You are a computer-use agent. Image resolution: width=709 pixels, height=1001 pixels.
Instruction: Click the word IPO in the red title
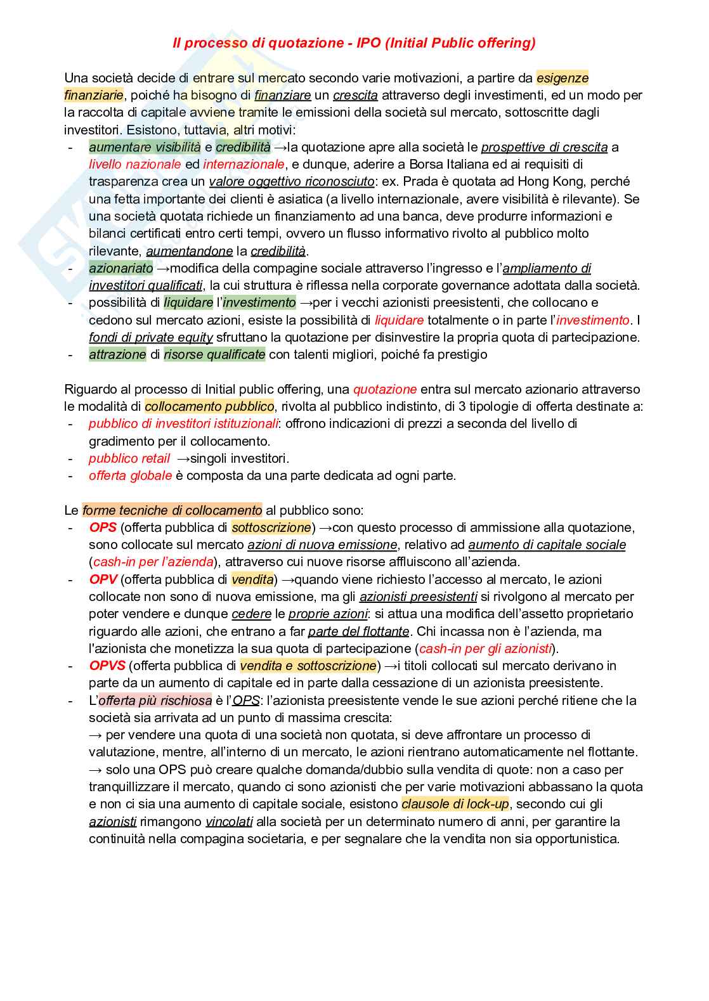(x=368, y=43)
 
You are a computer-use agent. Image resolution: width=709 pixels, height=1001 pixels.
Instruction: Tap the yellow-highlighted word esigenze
(x=563, y=78)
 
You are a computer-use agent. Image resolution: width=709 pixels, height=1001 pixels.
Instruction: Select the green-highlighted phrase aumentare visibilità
(x=145, y=147)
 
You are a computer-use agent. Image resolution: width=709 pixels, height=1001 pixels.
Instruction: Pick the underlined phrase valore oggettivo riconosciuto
(x=292, y=181)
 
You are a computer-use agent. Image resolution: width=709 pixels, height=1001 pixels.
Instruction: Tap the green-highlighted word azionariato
(x=121, y=268)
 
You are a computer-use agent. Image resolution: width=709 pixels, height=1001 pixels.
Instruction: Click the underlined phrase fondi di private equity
(x=151, y=337)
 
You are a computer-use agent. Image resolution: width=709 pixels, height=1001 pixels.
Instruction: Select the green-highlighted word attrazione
(x=117, y=354)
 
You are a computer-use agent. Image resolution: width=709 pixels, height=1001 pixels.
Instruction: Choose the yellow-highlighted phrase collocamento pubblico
(x=209, y=406)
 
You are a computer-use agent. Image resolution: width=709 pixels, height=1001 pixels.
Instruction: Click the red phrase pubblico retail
(x=129, y=458)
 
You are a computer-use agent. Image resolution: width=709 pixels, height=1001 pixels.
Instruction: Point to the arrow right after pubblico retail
(x=183, y=458)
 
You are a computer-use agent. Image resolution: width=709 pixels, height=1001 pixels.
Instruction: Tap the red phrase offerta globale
(x=131, y=475)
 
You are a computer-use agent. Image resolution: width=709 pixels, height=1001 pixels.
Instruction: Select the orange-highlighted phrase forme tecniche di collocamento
(x=172, y=510)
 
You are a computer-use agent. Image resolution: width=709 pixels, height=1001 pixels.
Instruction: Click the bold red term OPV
(x=103, y=579)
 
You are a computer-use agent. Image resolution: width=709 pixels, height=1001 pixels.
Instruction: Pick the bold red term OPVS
(x=107, y=666)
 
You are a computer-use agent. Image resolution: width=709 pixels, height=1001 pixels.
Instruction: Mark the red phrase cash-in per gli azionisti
(x=486, y=649)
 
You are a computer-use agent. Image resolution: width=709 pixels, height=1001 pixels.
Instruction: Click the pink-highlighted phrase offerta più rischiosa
(x=155, y=701)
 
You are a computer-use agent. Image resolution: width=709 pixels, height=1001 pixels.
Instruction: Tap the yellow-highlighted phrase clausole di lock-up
(x=455, y=804)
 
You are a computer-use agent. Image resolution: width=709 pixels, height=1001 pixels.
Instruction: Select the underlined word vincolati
(x=229, y=822)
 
